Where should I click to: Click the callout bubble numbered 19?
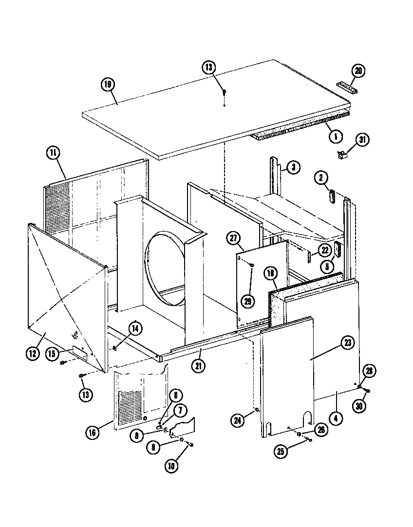(108, 84)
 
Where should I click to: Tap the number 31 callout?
(362, 140)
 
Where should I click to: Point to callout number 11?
(53, 152)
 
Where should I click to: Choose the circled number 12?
(32, 354)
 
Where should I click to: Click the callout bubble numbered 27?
(234, 237)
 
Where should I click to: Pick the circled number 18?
(271, 273)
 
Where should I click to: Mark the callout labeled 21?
(198, 366)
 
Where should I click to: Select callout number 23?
(348, 343)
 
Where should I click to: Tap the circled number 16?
(93, 431)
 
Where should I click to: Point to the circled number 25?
(281, 452)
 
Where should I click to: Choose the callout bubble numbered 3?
(293, 168)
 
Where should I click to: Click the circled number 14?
(135, 328)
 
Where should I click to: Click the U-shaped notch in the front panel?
(307, 418)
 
